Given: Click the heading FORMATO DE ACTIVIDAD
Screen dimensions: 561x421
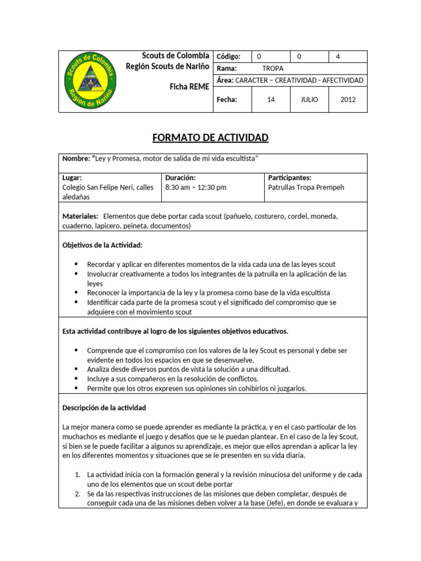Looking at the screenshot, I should tap(210, 138).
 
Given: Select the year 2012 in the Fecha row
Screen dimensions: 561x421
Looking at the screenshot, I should tap(348, 100).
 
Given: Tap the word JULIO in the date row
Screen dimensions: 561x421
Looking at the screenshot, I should tap(309, 100).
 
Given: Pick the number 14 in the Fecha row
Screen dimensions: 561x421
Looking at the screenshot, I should tap(271, 100).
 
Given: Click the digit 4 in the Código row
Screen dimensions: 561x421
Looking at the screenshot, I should tap(338, 56).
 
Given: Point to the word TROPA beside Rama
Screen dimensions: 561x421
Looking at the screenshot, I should tap(272, 68).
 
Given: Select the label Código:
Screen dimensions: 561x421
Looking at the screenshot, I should tap(229, 56).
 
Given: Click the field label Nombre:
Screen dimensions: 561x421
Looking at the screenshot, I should tap(76, 158).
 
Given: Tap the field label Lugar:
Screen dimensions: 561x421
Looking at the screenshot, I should tap(72, 178).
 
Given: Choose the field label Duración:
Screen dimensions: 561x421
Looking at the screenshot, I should tap(180, 178).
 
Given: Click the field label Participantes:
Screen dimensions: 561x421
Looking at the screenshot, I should tap(289, 178).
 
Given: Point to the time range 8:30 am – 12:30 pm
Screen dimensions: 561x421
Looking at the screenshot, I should tap(196, 187).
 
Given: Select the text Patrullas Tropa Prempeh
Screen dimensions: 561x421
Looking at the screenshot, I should tap(306, 187).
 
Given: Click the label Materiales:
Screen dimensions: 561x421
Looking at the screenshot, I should tap(81, 216).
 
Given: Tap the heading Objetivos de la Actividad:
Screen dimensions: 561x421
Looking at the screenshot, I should tap(103, 245).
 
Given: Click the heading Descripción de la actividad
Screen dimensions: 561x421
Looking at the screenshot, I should tap(104, 408).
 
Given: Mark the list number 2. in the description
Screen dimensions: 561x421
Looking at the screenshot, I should tap(78, 494).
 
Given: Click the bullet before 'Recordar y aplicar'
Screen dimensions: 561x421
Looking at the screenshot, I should tap(76, 264).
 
